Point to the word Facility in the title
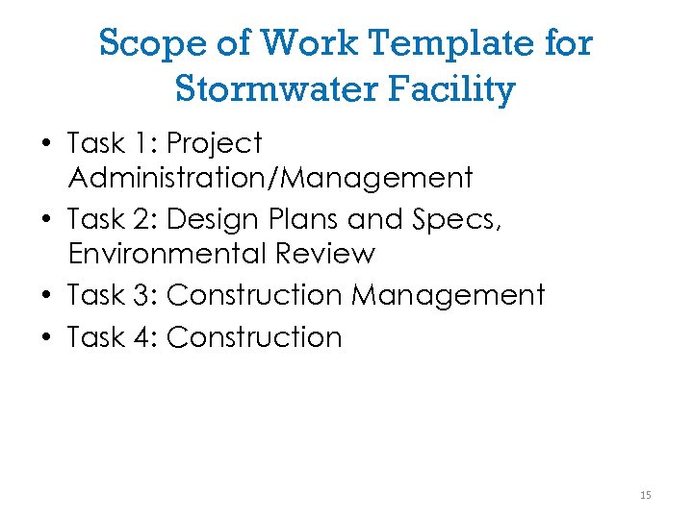[x=460, y=89]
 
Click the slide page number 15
[x=645, y=495]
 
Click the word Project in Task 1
[x=214, y=144]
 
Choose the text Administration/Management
[x=270, y=178]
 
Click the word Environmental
[x=167, y=254]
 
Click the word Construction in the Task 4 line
[x=254, y=337]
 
